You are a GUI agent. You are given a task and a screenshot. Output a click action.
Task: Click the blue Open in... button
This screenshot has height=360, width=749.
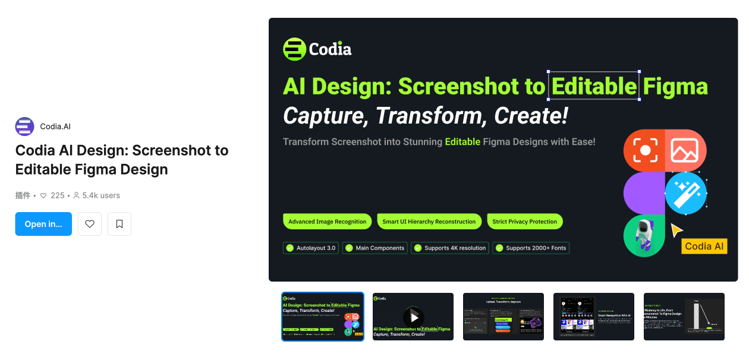[43, 224]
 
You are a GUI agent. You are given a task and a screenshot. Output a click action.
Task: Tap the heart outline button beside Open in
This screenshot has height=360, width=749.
[90, 224]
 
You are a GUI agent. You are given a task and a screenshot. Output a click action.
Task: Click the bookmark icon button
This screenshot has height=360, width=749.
[119, 224]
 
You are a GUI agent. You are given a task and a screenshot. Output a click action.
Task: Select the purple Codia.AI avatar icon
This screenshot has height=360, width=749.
[25, 127]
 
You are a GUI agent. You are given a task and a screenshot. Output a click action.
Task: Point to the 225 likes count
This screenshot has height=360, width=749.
[57, 195]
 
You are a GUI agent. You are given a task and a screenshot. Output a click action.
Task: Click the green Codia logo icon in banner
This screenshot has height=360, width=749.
[294, 49]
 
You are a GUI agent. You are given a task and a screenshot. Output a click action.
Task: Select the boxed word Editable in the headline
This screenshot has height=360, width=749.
[594, 86]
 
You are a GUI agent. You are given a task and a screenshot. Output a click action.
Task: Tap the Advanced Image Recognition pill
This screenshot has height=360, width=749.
[327, 222]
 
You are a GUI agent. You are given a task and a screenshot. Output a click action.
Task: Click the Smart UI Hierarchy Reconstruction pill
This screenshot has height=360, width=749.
[429, 222]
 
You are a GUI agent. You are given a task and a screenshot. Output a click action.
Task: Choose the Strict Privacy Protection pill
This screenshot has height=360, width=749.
[524, 222]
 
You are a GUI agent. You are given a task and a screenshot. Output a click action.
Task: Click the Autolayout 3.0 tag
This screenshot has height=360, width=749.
[311, 248]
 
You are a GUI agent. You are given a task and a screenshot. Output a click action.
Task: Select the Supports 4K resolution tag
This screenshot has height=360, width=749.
[450, 248]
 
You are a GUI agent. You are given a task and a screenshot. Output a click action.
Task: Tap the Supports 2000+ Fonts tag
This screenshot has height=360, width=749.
[531, 248]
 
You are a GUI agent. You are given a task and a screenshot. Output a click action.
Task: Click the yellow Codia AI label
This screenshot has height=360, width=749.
[704, 246]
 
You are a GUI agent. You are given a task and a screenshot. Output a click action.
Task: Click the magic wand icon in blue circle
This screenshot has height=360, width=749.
[685, 193]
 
